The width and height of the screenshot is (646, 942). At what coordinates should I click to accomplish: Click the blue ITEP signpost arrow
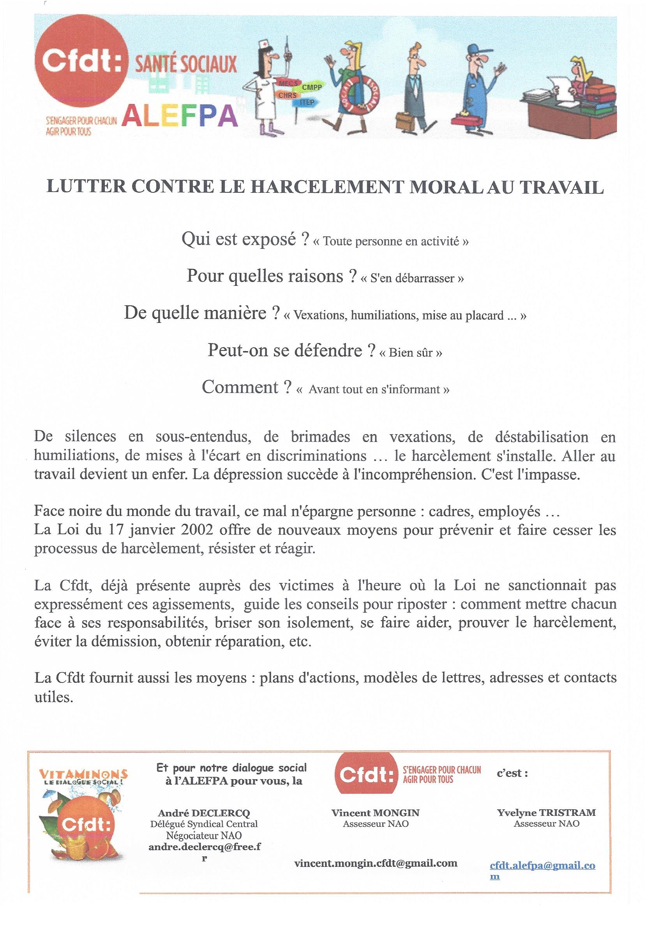[306, 102]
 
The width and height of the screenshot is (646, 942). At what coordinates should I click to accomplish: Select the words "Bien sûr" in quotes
[410, 352]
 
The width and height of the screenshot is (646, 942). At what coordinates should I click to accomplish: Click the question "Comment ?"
[246, 387]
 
